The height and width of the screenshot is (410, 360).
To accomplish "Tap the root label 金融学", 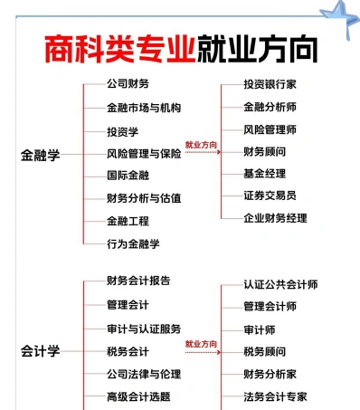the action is tap(40, 155).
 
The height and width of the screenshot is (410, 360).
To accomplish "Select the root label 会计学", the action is tap(40, 351).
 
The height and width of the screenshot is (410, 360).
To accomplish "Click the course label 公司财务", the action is tap(128, 84).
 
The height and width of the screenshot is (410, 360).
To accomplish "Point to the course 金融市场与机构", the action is tap(144, 108).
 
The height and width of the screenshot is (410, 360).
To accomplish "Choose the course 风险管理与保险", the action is tap(144, 154).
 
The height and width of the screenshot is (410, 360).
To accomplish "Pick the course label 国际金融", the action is tap(128, 176).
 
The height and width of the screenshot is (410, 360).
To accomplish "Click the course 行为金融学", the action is tap(133, 243).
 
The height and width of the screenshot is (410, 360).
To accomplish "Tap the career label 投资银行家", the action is tap(270, 84).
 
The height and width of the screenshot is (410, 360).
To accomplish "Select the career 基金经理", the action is tap(264, 174).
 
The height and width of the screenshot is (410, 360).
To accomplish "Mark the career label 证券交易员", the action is tap(270, 195).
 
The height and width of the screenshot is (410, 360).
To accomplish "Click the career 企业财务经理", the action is tap(275, 218).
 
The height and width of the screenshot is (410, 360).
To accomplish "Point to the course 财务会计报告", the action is tap(138, 281).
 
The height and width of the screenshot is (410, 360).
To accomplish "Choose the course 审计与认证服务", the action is tap(144, 329).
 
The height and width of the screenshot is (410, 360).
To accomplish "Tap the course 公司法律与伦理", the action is tap(144, 374).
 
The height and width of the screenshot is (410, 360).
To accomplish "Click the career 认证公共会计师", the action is tap(280, 284).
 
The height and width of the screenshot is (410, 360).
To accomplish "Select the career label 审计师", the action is tap(260, 329).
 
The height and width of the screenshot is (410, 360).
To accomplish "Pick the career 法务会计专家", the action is tap(275, 396).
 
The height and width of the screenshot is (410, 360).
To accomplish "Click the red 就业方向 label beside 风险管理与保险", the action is tap(201, 145).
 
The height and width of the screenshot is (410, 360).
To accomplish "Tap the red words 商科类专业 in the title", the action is tap(120, 49).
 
